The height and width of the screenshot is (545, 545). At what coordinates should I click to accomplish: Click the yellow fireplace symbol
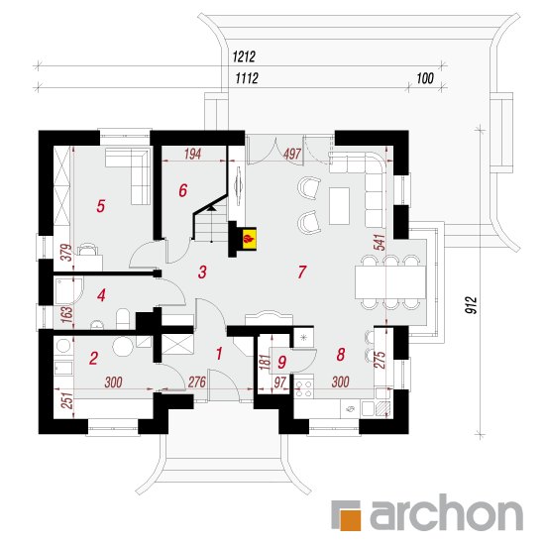tap(249, 239)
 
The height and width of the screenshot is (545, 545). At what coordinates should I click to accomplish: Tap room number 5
tap(100, 206)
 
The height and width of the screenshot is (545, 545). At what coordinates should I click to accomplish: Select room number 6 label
tap(183, 190)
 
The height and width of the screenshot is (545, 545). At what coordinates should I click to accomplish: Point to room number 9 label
tap(281, 362)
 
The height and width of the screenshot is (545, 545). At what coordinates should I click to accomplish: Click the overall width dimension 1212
tap(244, 56)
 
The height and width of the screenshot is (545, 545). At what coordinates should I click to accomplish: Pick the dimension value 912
tap(472, 305)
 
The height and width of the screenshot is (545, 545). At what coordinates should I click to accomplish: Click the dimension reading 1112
tap(247, 78)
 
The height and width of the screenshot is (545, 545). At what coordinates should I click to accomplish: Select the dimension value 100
tap(425, 78)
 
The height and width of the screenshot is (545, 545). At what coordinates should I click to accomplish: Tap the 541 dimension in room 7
tap(380, 242)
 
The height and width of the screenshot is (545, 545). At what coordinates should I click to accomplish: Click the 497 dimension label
tap(292, 154)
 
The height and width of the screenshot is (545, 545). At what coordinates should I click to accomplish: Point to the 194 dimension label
tap(192, 154)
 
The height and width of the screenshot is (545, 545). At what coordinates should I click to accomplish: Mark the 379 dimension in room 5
tap(66, 253)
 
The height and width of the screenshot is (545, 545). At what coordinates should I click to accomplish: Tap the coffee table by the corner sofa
tap(339, 206)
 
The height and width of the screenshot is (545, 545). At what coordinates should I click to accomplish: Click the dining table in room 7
tap(390, 282)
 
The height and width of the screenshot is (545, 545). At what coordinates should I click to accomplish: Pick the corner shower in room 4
tap(68, 290)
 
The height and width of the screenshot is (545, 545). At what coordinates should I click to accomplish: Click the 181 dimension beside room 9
tap(265, 362)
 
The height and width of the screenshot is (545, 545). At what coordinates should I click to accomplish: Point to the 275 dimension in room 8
tap(380, 360)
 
